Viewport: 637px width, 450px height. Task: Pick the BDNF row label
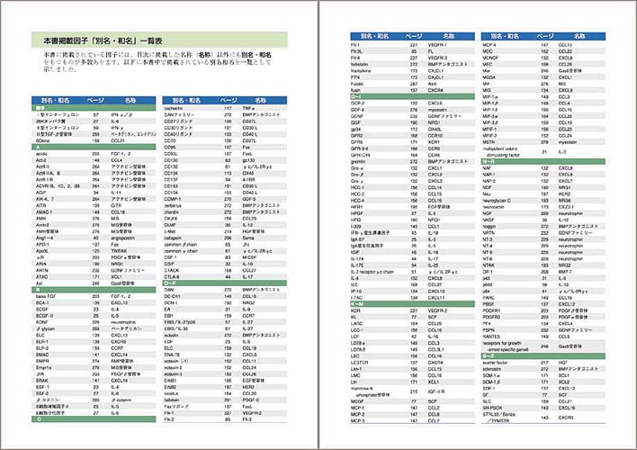44,320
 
